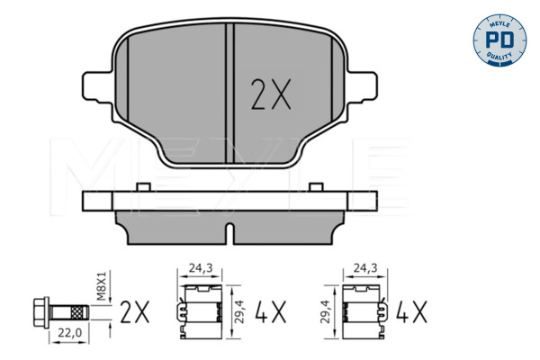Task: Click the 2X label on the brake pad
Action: pos(271,94)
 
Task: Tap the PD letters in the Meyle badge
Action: pos(499,40)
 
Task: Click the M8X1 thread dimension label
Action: pos(102,285)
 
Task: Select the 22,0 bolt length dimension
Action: pos(69,333)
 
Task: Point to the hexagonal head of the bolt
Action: pos(41,313)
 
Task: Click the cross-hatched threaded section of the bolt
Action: pos(77,313)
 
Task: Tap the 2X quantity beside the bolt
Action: pos(135,312)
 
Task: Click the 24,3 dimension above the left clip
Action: pos(200,267)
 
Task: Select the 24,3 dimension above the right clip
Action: pos(365,267)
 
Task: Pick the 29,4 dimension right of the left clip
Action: pos(239,311)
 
